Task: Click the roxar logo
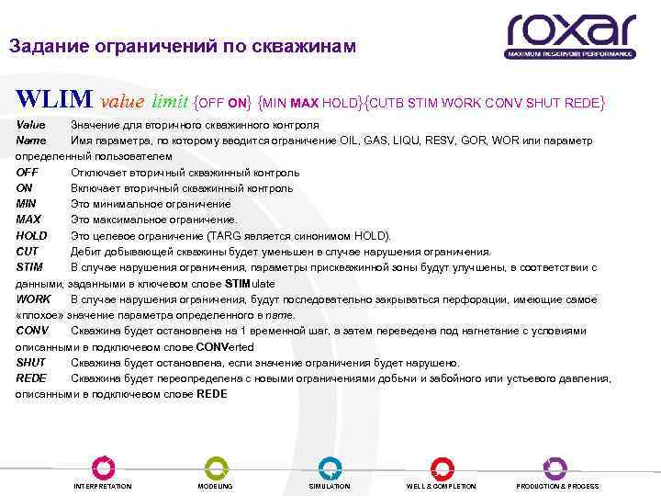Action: [569, 36]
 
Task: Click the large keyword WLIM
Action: [54, 99]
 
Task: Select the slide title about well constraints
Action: [181, 46]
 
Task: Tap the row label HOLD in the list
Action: [31, 235]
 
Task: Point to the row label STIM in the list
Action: [29, 267]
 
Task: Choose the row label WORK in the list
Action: [33, 299]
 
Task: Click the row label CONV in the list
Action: [33, 331]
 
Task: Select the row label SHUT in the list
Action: [31, 363]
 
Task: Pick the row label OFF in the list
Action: [28, 172]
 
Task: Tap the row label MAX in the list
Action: [28, 220]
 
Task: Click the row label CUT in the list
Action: [27, 251]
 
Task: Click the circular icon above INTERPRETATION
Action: [102, 467]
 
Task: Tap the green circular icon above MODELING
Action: [215, 467]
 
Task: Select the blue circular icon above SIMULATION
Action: [329, 467]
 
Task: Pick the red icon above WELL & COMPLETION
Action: [442, 467]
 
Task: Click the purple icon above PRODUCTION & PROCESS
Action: [555, 467]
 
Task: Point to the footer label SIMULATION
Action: [329, 486]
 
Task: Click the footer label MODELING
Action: [215, 486]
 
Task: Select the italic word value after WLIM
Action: [122, 100]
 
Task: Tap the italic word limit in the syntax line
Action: [171, 100]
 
